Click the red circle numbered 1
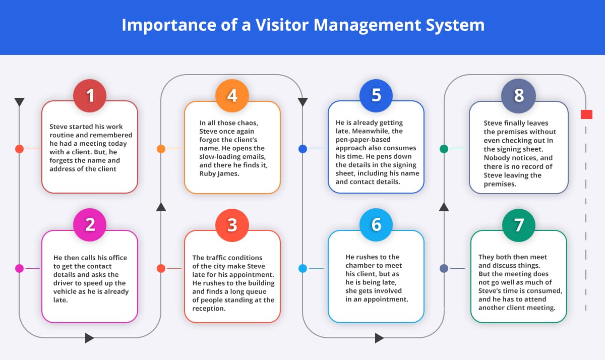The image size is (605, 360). (x=90, y=95)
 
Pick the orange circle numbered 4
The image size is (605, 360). (x=232, y=95)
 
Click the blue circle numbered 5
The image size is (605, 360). (x=376, y=95)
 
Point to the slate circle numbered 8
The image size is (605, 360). (x=519, y=95)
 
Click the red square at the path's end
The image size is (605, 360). (x=586, y=114)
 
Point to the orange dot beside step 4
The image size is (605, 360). (x=161, y=149)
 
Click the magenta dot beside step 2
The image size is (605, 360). (x=19, y=268)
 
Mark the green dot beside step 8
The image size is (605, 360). (x=444, y=149)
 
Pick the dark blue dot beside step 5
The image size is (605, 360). (x=302, y=149)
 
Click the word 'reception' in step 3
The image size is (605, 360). (x=209, y=308)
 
